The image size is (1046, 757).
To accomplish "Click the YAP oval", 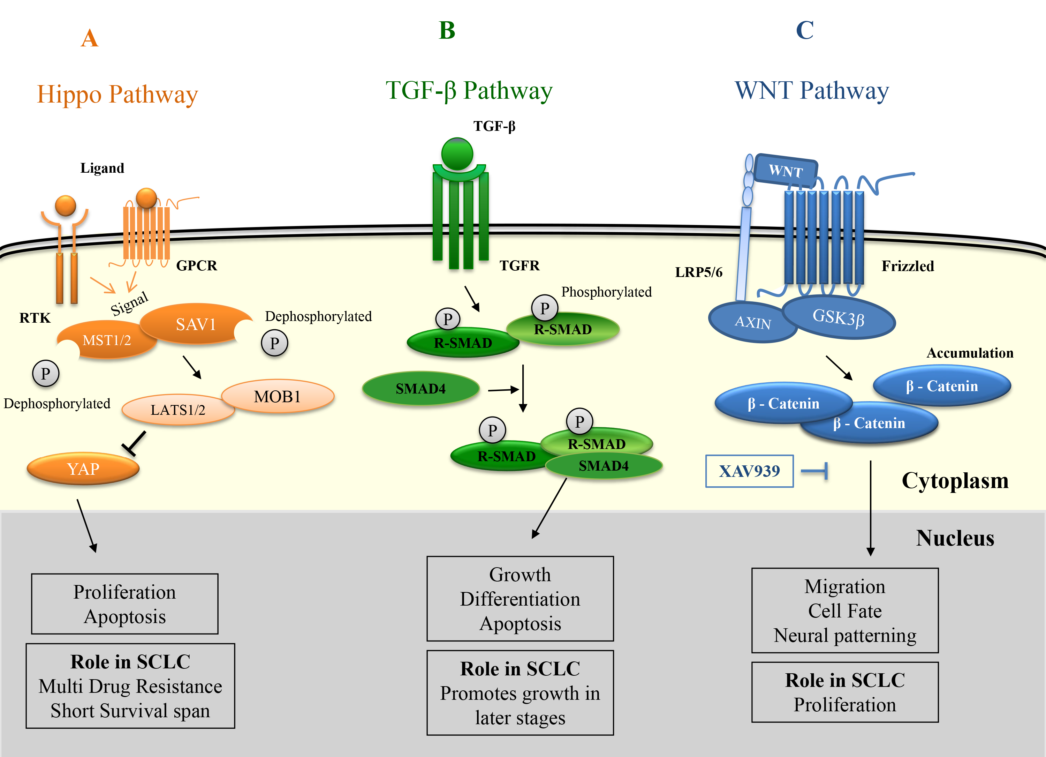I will pyautogui.click(x=83, y=469).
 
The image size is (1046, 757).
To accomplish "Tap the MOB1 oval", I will pyautogui.click(x=277, y=396).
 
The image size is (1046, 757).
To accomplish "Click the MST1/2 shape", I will pyautogui.click(x=107, y=340).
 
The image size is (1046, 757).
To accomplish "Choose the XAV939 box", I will pyautogui.click(x=749, y=471).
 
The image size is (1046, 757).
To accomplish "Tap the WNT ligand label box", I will pyautogui.click(x=786, y=171).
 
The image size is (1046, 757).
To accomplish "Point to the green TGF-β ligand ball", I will pyautogui.click(x=457, y=153).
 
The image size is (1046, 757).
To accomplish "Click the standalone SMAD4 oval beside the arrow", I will pyautogui.click(x=420, y=388).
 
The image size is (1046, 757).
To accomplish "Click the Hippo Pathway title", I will pyautogui.click(x=117, y=94).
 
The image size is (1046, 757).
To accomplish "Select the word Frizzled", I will pyautogui.click(x=908, y=266).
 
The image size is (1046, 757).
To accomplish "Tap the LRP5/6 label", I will pyautogui.click(x=698, y=272).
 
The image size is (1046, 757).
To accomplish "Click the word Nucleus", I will pyautogui.click(x=955, y=538).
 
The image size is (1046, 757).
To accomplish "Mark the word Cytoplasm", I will pyautogui.click(x=955, y=481).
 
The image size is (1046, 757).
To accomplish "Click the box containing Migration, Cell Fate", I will pyautogui.click(x=844, y=610).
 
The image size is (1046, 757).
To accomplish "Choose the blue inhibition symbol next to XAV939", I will pyautogui.click(x=816, y=471).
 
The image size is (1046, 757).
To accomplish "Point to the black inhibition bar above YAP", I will pyautogui.click(x=134, y=443).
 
